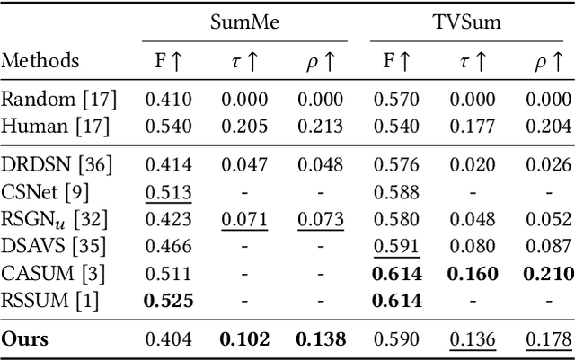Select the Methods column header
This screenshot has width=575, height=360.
tap(40, 61)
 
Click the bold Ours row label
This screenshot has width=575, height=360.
tap(25, 338)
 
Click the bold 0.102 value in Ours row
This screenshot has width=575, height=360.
tap(245, 338)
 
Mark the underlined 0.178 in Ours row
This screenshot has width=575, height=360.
tap(547, 338)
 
